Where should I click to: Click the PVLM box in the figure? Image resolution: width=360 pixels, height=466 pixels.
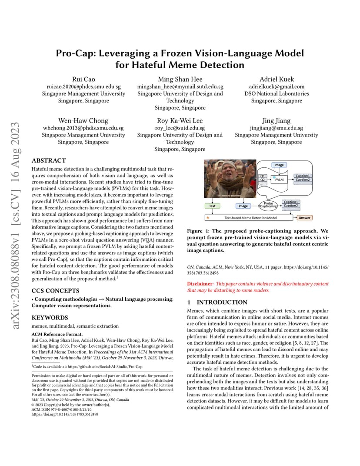click(279, 179)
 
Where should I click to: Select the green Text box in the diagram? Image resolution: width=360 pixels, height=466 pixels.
click(212, 206)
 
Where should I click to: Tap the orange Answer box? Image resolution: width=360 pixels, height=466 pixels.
click(304, 217)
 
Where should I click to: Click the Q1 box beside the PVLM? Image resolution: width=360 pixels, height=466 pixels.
click(262, 176)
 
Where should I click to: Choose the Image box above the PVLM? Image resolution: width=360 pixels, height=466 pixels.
click(279, 165)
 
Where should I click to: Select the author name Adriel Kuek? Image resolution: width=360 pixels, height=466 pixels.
click(277, 79)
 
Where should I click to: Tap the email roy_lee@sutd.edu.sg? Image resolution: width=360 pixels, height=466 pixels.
click(180, 128)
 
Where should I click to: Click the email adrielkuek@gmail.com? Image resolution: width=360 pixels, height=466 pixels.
click(277, 87)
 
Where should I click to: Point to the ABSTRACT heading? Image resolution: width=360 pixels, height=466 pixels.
click(49, 160)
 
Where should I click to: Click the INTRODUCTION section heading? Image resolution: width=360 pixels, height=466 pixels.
click(222, 302)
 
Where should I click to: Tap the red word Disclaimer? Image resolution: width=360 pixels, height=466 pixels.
click(200, 283)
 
